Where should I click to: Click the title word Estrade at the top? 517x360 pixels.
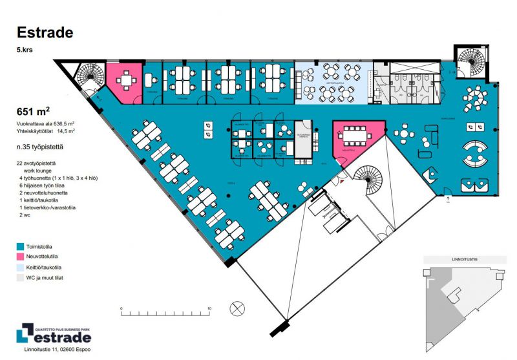45,32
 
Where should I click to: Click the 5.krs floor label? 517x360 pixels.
25,49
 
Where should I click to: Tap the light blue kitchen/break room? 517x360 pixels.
333,82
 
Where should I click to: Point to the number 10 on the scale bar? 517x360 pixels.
209,308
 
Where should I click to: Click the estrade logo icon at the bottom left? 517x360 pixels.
25,334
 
